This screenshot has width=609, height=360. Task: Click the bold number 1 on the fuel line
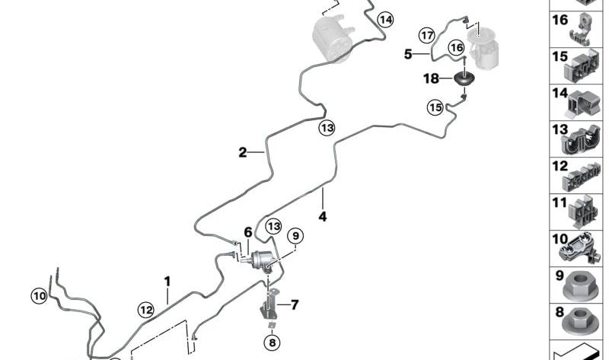(167, 282)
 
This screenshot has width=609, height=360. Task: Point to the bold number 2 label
(243, 153)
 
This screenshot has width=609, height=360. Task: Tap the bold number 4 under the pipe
(323, 216)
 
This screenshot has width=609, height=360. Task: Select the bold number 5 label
(408, 54)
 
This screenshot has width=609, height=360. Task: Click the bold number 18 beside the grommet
(431, 79)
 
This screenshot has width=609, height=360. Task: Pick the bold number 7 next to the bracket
(295, 305)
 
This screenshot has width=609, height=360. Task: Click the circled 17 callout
(427, 36)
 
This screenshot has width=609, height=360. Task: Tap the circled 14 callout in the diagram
(386, 20)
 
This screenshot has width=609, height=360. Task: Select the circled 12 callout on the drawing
(146, 310)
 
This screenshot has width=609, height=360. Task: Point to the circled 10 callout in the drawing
(40, 297)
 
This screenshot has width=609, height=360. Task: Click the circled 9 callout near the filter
(295, 236)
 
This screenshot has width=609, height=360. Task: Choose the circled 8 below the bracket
(272, 342)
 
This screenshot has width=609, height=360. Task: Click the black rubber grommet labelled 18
(464, 79)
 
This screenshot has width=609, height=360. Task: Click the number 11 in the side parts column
(560, 202)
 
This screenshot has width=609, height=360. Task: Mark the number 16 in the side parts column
(560, 20)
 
